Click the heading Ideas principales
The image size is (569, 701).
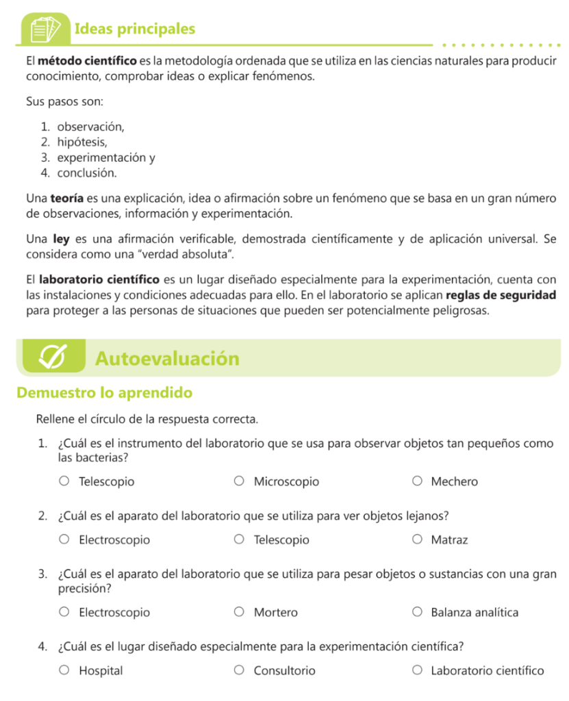pyautogui.click(x=134, y=29)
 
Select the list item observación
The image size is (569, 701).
pyautogui.click(x=90, y=127)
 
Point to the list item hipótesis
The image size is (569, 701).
pyautogui.click(x=81, y=142)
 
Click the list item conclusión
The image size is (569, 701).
pyautogui.click(x=86, y=173)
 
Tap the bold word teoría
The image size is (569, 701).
pyautogui.click(x=67, y=199)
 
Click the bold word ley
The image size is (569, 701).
pyautogui.click(x=61, y=240)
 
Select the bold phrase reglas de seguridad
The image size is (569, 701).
pyautogui.click(x=501, y=296)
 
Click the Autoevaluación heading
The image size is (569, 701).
pyautogui.click(x=167, y=359)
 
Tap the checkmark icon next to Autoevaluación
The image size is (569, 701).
pyautogui.click(x=53, y=357)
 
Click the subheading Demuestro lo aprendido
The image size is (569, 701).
pyautogui.click(x=104, y=393)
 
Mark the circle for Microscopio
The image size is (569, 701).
pyautogui.click(x=239, y=481)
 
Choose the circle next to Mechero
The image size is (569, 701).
pyautogui.click(x=417, y=481)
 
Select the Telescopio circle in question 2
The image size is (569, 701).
pyautogui.click(x=239, y=539)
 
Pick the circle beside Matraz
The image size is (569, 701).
pyautogui.click(x=417, y=539)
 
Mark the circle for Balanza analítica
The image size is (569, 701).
pyautogui.click(x=417, y=612)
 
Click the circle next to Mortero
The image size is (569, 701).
pyautogui.click(x=239, y=612)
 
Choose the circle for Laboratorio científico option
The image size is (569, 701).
pyautogui.click(x=417, y=670)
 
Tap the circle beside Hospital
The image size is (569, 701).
pyautogui.click(x=64, y=670)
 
